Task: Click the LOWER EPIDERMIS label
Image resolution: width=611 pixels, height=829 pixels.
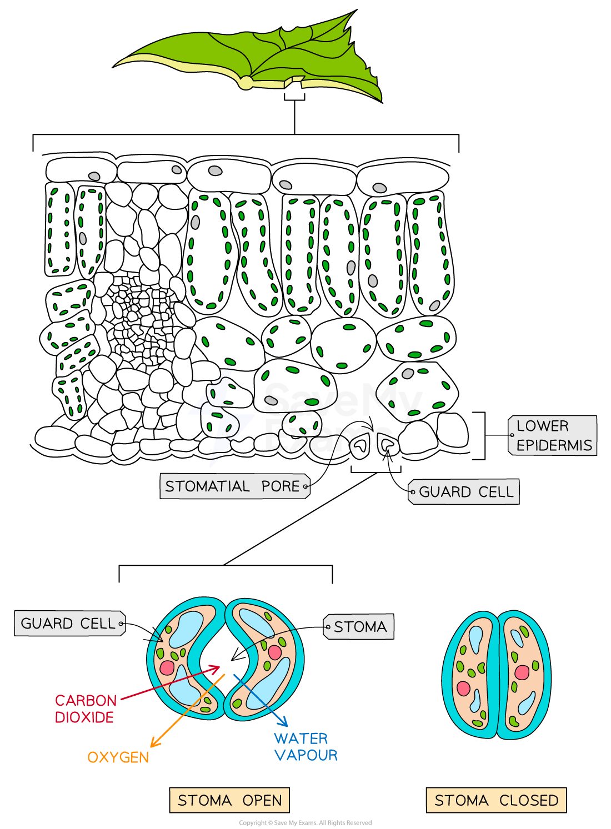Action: coord(553,435)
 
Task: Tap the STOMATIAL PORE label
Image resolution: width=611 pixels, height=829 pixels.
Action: coord(234,486)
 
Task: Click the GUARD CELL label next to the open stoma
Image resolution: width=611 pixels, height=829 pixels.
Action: coord(69,624)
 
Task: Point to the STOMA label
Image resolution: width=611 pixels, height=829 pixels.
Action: coord(359,627)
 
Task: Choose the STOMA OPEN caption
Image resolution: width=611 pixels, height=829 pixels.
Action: coord(229,800)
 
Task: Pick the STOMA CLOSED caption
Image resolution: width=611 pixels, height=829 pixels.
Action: coord(496,800)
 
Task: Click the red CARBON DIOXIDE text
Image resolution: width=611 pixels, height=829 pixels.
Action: coord(86,709)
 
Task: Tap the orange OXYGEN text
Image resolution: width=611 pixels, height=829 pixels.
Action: coord(118,757)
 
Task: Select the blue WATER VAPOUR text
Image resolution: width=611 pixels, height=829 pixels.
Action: coord(305,747)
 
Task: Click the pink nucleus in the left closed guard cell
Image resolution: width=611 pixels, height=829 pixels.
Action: coord(463,689)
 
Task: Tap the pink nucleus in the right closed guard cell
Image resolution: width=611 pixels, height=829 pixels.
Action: coord(522,672)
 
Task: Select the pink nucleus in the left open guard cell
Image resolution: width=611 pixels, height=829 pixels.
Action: coord(167,667)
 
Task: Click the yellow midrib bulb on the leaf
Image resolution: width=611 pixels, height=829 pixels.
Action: coord(245,83)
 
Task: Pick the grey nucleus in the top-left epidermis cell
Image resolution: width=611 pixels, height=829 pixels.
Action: coord(94,176)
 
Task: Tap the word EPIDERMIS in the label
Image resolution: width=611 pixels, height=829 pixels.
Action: coord(554,445)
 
